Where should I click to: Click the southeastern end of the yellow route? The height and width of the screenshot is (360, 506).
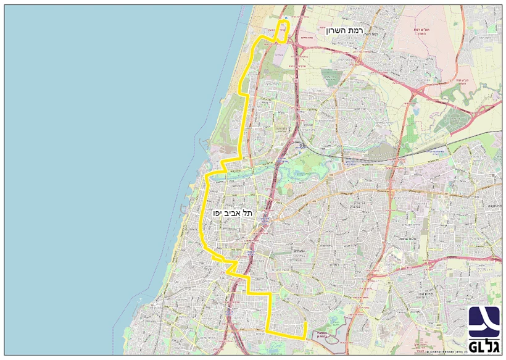(305, 324)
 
